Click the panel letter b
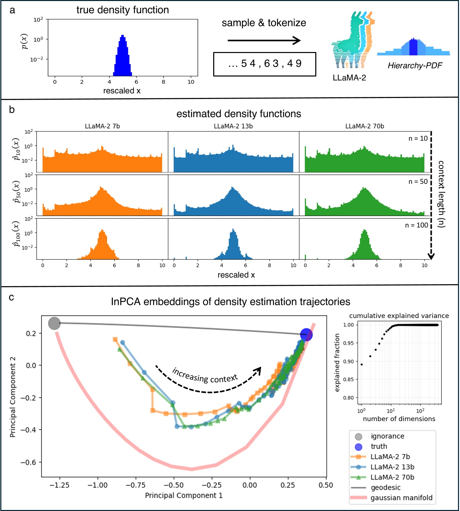click(x=12, y=110)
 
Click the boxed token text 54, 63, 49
click(x=265, y=64)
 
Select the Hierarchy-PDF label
click(x=415, y=65)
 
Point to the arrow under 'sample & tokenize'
click(x=264, y=41)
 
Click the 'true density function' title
click(x=123, y=10)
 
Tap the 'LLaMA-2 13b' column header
click(x=233, y=126)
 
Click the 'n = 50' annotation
click(x=418, y=182)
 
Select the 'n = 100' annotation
click(x=416, y=225)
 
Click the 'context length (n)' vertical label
click(x=441, y=194)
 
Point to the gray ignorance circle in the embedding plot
click(x=54, y=323)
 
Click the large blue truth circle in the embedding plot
click(x=306, y=335)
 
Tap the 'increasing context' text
click(x=205, y=375)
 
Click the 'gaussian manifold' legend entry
click(x=401, y=498)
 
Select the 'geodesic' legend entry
click(x=385, y=488)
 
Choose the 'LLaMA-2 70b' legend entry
click(x=392, y=477)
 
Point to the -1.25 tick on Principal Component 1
click(x=59, y=485)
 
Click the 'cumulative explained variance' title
click(x=399, y=316)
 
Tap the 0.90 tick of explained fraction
click(x=349, y=361)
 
